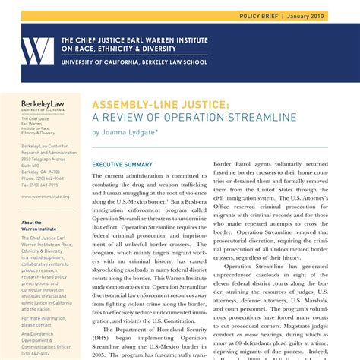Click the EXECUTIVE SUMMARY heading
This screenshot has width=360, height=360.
coord(122,164)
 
